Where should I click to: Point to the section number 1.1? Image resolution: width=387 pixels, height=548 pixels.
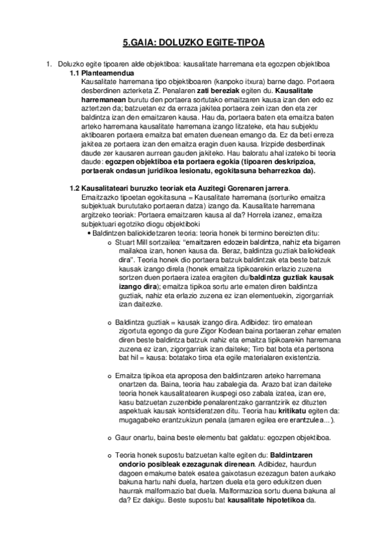coord(75,74)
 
